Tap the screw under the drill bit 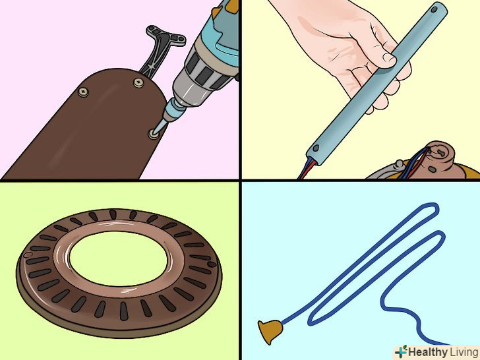[x=154, y=134]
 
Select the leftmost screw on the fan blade [x=83, y=92]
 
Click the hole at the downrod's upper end [x=434, y=9]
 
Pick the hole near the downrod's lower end [x=316, y=148]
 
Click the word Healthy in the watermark [x=427, y=351]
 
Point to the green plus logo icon [x=402, y=351]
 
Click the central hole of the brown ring [x=118, y=258]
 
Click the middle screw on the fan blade [x=138, y=82]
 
